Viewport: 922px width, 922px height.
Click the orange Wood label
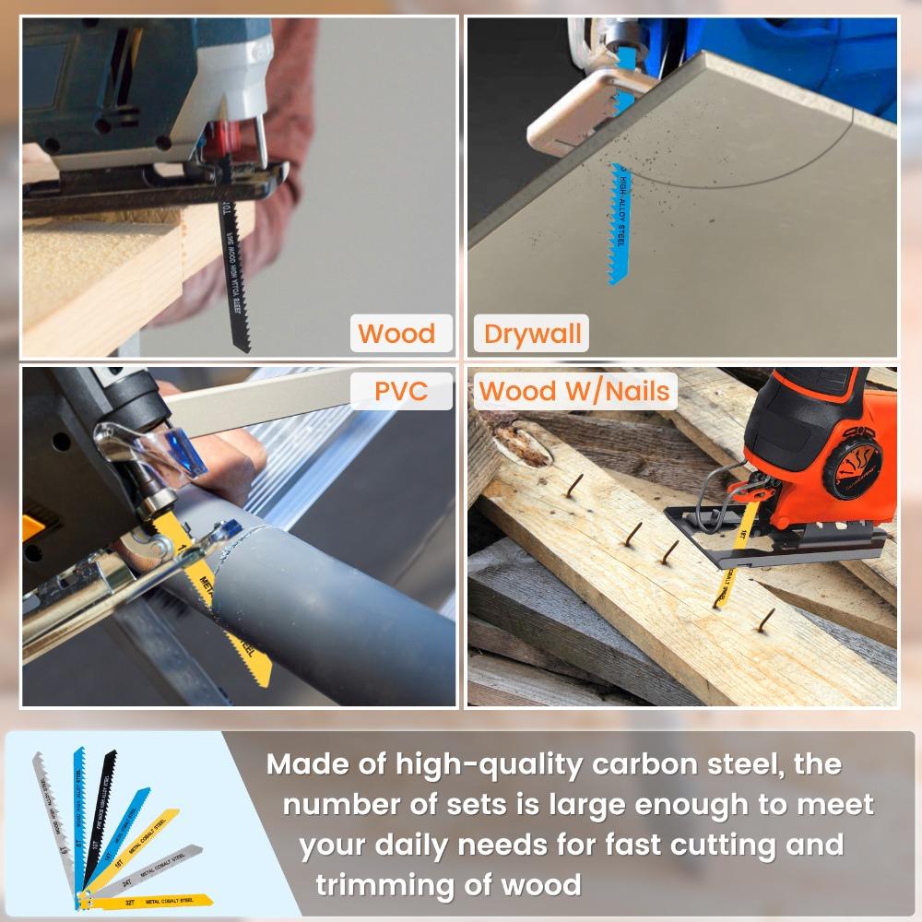(396, 333)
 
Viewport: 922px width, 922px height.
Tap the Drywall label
(533, 333)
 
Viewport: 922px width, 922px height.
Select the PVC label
(401, 390)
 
